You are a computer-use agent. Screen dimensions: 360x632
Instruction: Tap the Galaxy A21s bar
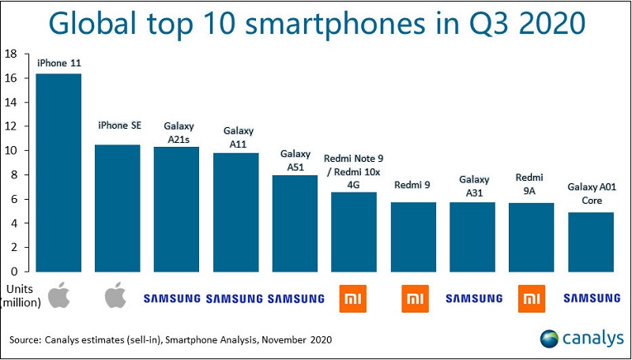coord(177,208)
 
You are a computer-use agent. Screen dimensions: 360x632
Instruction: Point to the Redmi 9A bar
coord(532,237)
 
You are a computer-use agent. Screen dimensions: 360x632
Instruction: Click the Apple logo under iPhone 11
coord(58,297)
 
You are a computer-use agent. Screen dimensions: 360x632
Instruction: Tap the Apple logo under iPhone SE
coord(117,297)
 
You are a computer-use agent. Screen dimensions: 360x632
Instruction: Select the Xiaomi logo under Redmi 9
coord(414,298)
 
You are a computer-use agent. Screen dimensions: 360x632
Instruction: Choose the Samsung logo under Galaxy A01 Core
coord(592,298)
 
